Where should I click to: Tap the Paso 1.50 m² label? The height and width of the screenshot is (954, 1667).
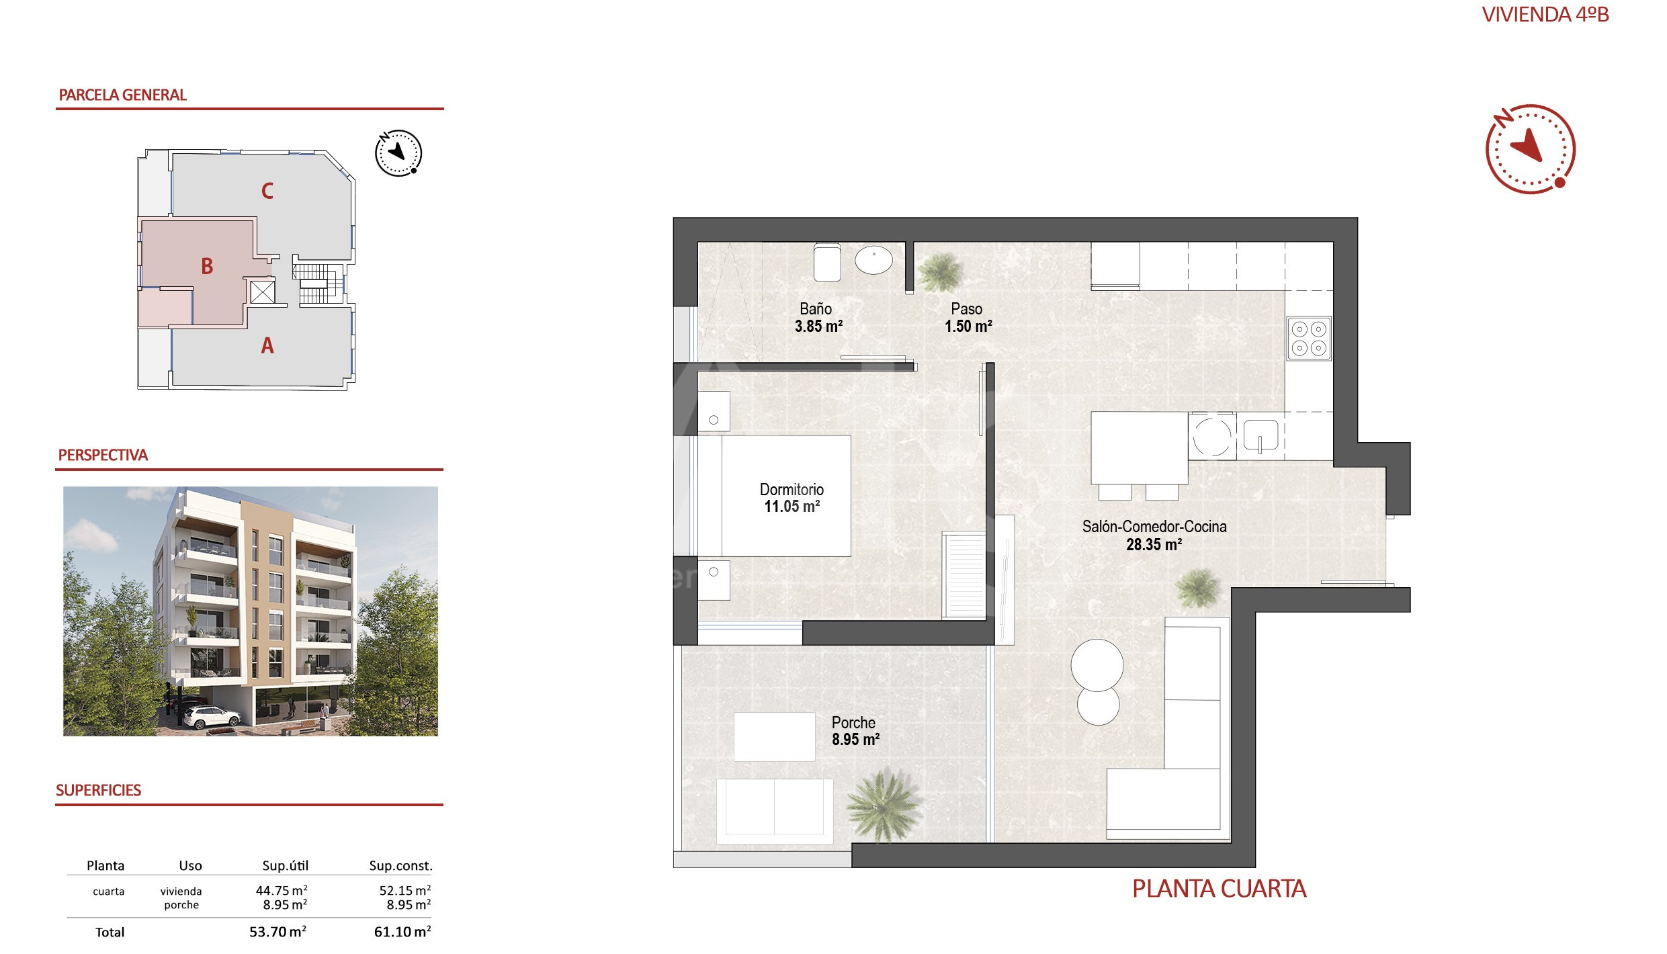tap(968, 318)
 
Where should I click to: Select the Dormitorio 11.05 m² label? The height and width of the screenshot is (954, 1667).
tap(792, 498)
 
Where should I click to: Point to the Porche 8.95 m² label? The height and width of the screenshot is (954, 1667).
tap(855, 731)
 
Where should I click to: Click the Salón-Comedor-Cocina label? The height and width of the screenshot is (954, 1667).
tap(1154, 527)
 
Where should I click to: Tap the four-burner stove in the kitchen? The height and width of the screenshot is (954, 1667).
tap(1309, 339)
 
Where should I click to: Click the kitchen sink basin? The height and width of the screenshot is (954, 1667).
tap(1260, 436)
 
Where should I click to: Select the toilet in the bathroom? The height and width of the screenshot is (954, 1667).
tap(827, 262)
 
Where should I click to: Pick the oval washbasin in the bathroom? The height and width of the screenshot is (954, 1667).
tap(873, 260)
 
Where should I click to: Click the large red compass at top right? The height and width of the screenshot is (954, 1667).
tap(1530, 149)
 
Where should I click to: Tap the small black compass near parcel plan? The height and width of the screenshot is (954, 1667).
tap(398, 153)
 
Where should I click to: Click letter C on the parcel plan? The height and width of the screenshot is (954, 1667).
tap(267, 191)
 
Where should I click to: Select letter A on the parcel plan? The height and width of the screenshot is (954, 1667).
tap(267, 346)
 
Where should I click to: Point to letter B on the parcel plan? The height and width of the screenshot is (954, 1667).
tap(207, 267)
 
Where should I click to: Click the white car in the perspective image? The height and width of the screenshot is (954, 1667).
tap(212, 717)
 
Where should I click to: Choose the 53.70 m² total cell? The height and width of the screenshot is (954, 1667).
tap(278, 932)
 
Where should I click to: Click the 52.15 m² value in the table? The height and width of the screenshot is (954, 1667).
tap(405, 890)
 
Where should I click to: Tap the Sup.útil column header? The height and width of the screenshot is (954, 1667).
tap(286, 866)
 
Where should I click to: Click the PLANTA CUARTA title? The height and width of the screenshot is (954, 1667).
tap(1220, 889)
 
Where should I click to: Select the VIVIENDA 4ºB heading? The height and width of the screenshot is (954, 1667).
tap(1545, 15)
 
